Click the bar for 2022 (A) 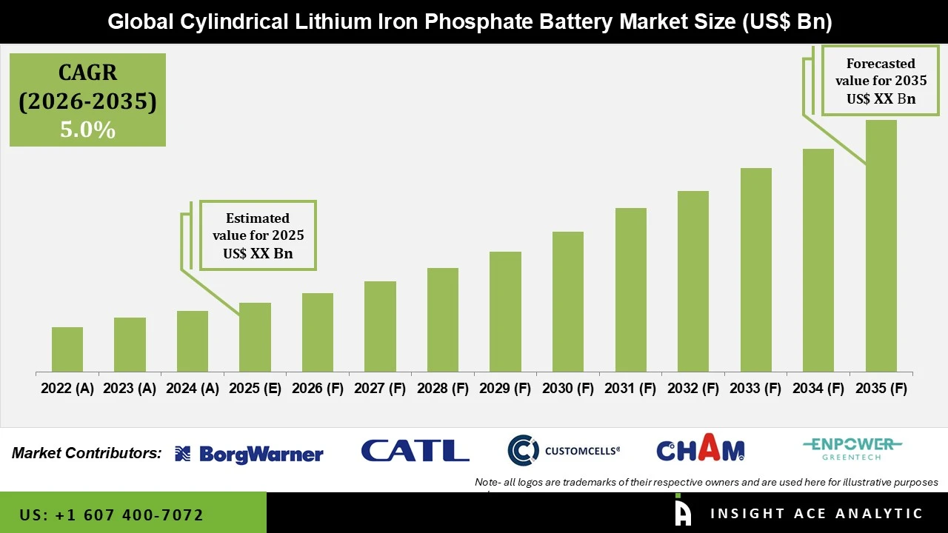(67, 349)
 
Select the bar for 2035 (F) (881, 246)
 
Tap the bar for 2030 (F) (568, 302)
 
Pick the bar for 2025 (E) (255, 338)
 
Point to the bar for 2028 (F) (443, 320)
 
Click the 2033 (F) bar (755, 270)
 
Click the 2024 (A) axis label (193, 389)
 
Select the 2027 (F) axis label (380, 389)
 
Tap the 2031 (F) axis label (630, 389)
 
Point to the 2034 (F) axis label (818, 389)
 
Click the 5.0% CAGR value (87, 130)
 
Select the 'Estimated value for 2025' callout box (258, 235)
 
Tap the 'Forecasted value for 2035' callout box (881, 81)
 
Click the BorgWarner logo (249, 454)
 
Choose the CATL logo (415, 451)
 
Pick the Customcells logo (564, 450)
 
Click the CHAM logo (700, 449)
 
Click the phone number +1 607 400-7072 (111, 514)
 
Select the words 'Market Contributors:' (87, 453)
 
